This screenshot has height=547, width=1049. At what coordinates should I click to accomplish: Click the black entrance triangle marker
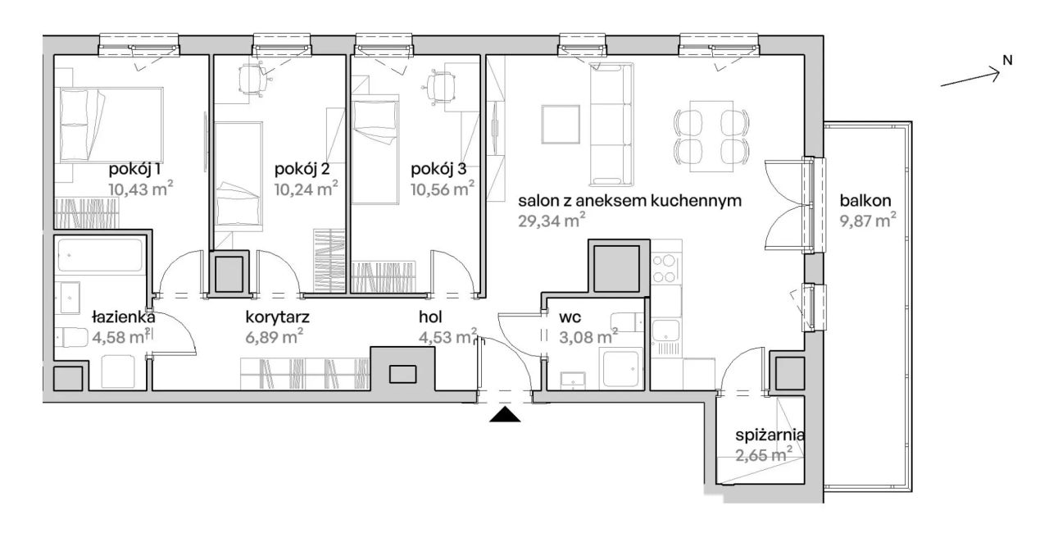point(505,414)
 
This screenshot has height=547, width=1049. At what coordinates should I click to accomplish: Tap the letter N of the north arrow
point(1008,61)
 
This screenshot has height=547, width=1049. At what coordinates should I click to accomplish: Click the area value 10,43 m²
point(141,189)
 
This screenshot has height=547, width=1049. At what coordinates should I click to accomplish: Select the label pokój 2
point(302,169)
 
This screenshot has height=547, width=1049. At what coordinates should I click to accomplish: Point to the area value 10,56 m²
point(443,189)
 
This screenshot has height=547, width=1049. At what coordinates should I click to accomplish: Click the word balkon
point(865,201)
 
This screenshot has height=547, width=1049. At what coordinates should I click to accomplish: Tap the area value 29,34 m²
point(552,220)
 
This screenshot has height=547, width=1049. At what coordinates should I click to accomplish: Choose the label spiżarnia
point(770,435)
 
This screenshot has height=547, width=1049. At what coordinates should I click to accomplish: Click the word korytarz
point(277,317)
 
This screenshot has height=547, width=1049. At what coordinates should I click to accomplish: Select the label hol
point(430,317)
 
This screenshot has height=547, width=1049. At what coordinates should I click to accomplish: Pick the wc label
point(570,318)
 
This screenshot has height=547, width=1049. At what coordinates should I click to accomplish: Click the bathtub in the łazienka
point(100,255)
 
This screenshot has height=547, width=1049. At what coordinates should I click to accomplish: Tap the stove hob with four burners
point(665,268)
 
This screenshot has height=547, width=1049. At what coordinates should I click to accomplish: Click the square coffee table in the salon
point(561,124)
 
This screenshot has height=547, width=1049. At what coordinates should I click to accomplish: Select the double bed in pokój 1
point(111,125)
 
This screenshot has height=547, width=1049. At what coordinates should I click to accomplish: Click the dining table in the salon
point(711,136)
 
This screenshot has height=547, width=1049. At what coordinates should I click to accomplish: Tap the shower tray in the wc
point(621,369)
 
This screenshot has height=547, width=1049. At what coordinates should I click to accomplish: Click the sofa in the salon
point(611,125)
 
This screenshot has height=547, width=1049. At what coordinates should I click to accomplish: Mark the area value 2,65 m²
point(764,454)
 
